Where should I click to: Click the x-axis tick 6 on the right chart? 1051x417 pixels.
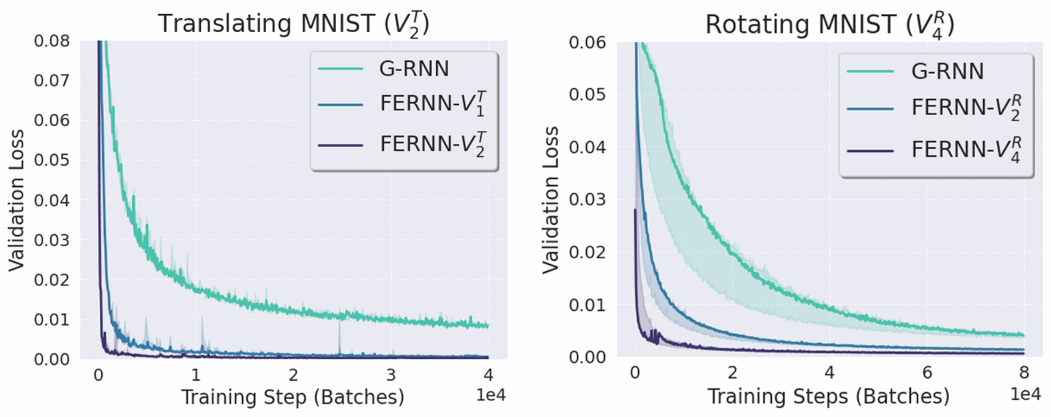tap(926, 375)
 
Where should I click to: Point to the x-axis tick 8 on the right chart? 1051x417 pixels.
tap(1024, 375)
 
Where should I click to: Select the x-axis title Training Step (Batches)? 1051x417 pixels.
tap(292, 396)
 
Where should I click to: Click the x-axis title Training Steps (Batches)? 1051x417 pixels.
tap(828, 396)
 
